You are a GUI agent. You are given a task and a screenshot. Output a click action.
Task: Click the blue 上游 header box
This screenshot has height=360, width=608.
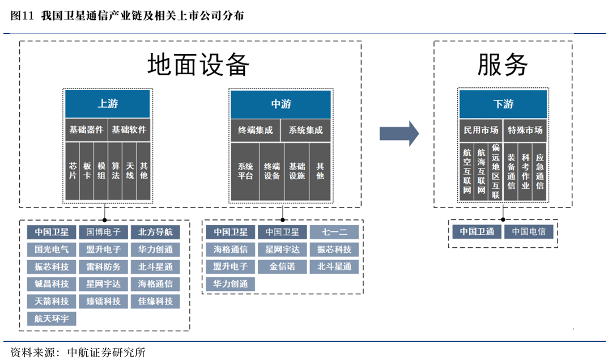point(108,104)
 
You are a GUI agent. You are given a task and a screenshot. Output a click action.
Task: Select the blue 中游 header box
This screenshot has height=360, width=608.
point(280,104)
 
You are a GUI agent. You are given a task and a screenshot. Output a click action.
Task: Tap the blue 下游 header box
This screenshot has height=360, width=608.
point(503,104)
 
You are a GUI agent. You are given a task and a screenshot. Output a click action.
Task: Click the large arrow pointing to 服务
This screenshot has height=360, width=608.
point(399,133)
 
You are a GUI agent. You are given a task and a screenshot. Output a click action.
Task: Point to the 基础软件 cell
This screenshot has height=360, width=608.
point(129,130)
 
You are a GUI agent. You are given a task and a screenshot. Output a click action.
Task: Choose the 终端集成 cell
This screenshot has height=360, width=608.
point(255,130)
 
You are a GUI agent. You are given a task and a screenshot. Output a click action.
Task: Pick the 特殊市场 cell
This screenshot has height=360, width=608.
point(525,130)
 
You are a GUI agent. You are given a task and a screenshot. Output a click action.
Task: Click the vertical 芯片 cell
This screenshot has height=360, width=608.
point(73,171)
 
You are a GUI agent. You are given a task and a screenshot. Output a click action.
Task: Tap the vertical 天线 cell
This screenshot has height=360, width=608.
point(129,171)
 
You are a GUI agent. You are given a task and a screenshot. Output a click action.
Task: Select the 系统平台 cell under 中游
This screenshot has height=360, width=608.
point(245,171)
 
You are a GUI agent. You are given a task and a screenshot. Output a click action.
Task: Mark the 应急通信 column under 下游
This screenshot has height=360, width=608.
point(539,171)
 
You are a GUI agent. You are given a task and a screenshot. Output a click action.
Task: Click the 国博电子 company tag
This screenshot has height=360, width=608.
point(103,232)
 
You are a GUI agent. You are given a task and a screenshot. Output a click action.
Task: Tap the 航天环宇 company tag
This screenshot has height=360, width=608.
point(52,319)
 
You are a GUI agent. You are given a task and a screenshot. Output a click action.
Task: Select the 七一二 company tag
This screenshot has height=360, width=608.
point(334,232)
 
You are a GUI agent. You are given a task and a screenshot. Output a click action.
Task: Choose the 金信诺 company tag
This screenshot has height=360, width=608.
point(282,266)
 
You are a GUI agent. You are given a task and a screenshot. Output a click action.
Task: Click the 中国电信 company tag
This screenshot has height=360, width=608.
point(528,232)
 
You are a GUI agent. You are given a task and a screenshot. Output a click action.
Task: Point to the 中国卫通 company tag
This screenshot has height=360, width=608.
point(477,232)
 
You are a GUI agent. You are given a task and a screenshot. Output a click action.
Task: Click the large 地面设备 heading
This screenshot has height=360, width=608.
point(198,65)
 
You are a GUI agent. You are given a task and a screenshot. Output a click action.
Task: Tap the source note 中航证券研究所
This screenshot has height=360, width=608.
point(106,353)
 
